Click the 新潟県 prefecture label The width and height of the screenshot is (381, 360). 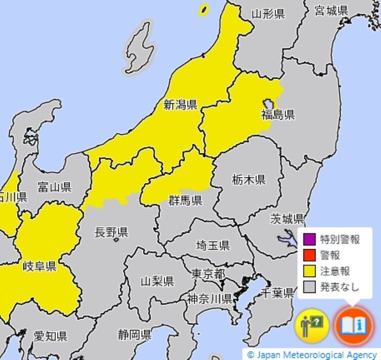click(180, 105)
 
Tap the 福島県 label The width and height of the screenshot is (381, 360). click(278, 114)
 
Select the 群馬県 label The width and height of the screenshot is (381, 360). click(185, 200)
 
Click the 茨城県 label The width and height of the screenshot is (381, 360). click(287, 219)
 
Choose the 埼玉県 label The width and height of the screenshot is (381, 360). click(213, 246)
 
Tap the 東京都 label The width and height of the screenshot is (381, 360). click(208, 274)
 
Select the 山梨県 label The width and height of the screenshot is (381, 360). click(157, 281)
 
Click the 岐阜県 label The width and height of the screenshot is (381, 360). click(40, 266)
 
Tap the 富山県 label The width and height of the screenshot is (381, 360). click(54, 187)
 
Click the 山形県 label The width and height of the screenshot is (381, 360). click(268, 14)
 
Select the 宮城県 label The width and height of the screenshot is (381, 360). click(331, 11)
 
